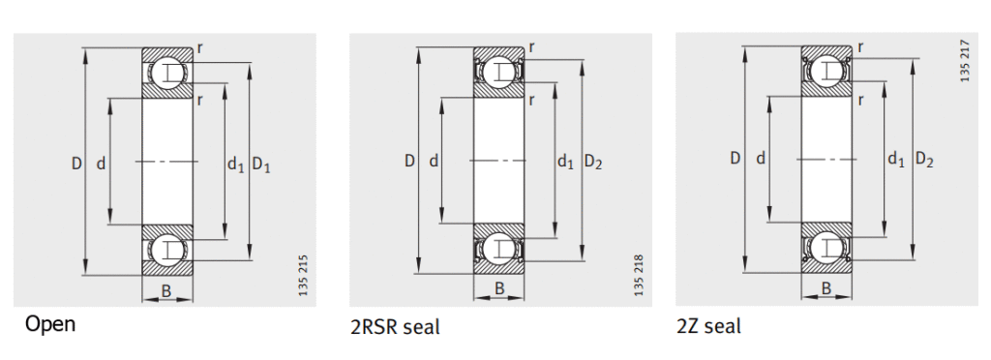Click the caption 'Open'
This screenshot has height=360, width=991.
tap(50, 324)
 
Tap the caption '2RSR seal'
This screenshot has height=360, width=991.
tap(394, 327)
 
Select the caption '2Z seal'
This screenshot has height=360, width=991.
tap(708, 326)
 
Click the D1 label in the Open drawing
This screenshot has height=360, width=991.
tap(261, 165)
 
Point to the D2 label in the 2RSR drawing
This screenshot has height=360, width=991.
tap(593, 162)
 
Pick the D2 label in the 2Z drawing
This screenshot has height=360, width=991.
tap(924, 159)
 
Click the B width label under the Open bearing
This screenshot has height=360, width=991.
tap(166, 290)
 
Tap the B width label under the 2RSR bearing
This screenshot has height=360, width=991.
tap(499, 287)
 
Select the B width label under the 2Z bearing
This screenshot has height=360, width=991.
tap(826, 287)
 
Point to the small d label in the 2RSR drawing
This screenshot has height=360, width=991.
tap(433, 161)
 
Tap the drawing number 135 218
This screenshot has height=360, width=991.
tap(638, 274)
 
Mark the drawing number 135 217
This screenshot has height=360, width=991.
tap(965, 60)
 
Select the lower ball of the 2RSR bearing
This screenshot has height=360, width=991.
tap(499, 248)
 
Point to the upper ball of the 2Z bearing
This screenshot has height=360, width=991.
tap(826, 68)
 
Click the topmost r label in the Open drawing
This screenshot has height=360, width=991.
tap(199, 46)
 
